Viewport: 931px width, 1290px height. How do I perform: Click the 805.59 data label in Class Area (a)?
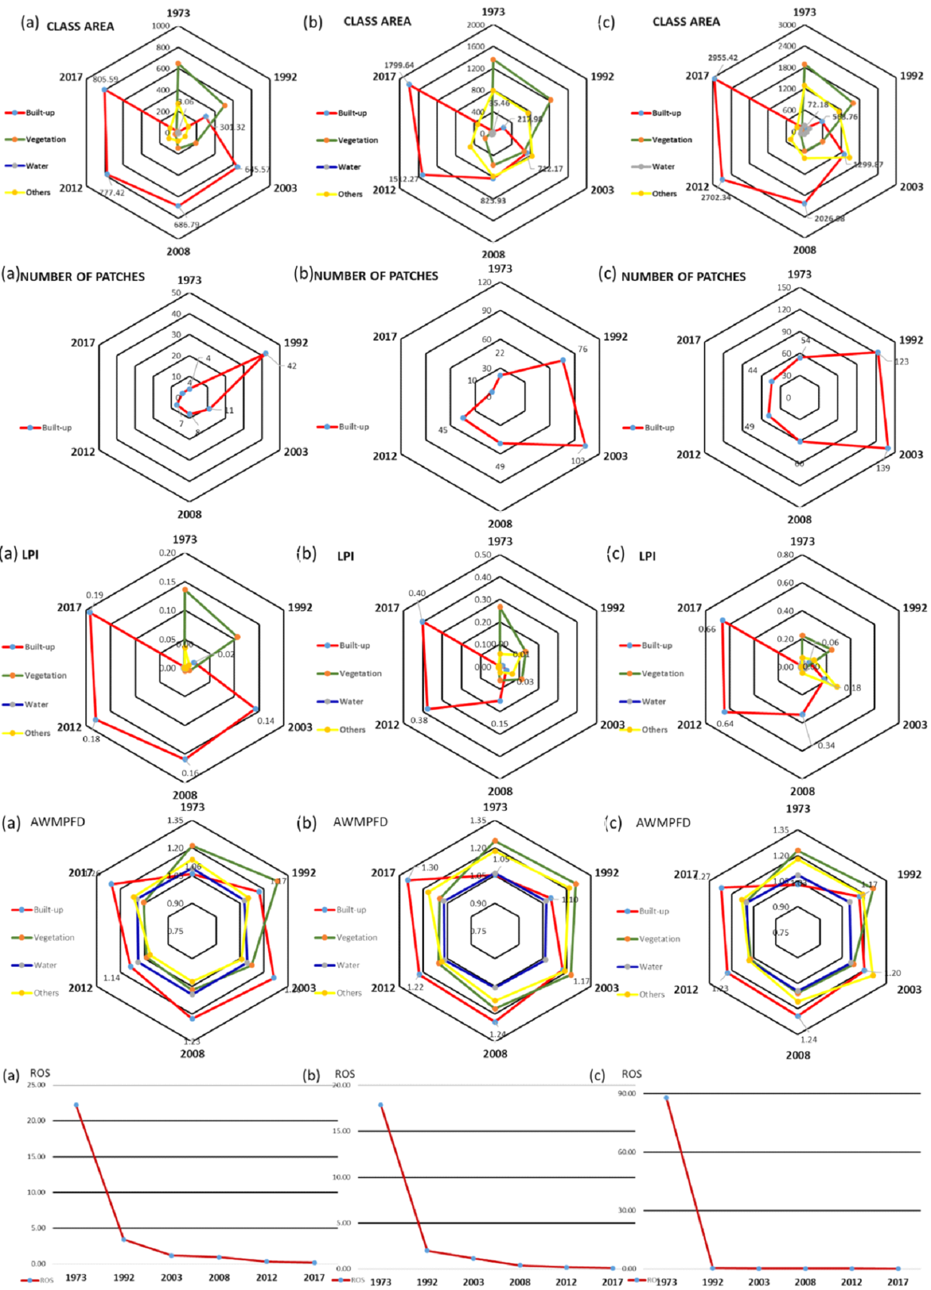coord(105,79)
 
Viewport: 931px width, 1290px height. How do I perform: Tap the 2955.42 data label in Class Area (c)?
coord(723,58)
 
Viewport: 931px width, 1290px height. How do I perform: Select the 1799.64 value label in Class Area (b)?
coord(399,65)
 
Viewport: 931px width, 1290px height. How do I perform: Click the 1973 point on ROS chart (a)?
coord(76,1105)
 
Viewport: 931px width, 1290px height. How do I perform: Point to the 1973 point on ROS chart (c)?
coord(666,1098)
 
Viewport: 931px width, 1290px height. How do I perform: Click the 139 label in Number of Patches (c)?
coord(883,468)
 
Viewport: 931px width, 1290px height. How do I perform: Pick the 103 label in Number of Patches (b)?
coord(577,461)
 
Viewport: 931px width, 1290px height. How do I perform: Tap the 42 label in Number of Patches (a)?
coord(291,366)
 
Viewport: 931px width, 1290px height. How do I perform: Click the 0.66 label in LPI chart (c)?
coord(707,629)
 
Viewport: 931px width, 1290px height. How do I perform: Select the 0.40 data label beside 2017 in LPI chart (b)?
coord(417,593)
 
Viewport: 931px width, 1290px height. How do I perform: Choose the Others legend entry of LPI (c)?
coord(655,730)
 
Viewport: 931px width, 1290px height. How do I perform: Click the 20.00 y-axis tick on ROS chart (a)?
coord(37,1120)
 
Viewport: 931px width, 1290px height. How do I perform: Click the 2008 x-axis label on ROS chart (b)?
coord(520,1282)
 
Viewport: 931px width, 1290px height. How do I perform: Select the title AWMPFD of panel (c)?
coord(663,823)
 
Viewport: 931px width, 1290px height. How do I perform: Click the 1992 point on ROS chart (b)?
coord(427,1251)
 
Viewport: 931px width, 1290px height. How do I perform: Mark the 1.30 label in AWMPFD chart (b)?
coord(429,868)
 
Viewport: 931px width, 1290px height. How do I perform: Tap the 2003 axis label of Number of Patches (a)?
coord(296,452)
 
